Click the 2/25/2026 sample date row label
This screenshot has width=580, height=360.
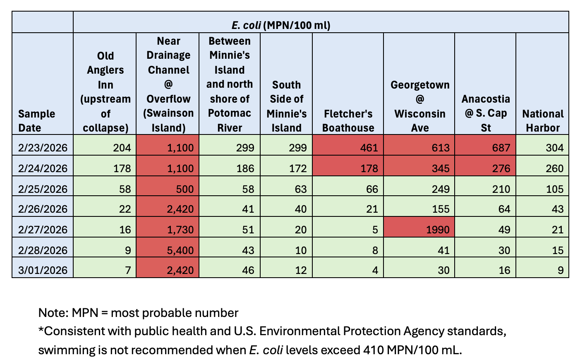tap(43, 189)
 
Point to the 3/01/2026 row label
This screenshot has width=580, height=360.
tap(43, 270)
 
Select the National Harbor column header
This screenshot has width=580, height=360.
tap(542, 120)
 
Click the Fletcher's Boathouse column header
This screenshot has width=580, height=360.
tap(348, 120)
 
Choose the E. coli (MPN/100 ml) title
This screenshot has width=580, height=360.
tap(281, 25)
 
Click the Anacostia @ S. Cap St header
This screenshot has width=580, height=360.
tap(485, 113)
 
